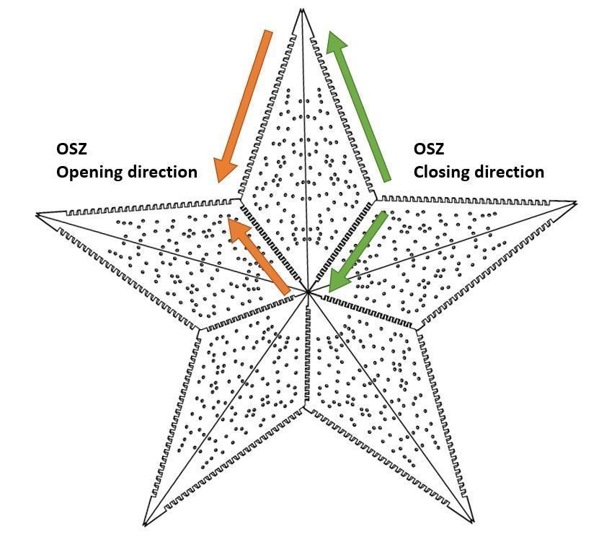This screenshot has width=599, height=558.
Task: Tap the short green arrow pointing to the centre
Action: pyautogui.click(x=357, y=253)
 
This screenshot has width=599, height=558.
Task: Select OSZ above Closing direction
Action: pyautogui.click(x=429, y=149)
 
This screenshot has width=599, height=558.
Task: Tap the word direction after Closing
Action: pyautogui.click(x=509, y=172)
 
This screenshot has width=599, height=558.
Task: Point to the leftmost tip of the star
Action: pyautogui.click(x=37, y=214)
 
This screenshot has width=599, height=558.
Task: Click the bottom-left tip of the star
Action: pyautogui.click(x=144, y=526)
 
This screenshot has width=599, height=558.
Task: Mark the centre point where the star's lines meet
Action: pyautogui.click(x=308, y=292)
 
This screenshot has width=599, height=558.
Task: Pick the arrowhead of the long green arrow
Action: pyautogui.click(x=335, y=42)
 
